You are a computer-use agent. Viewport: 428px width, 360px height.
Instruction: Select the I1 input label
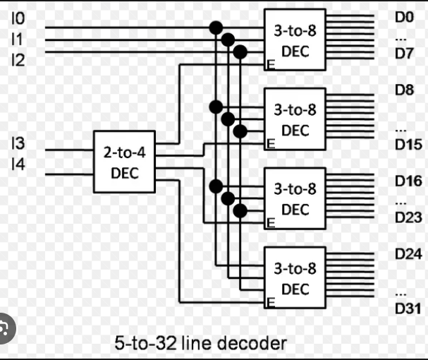pyautogui.click(x=17, y=40)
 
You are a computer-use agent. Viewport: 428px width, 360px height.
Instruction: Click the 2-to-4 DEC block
pyautogui.click(x=125, y=162)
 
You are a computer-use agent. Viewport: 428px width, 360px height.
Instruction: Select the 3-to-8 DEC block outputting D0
pyautogui.click(x=295, y=40)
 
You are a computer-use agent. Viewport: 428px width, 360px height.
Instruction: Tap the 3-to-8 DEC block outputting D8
pyautogui.click(x=295, y=119)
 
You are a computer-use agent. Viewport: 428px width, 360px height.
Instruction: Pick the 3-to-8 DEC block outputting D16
pyautogui.click(x=295, y=199)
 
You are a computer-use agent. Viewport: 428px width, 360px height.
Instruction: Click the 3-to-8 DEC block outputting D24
pyautogui.click(x=295, y=278)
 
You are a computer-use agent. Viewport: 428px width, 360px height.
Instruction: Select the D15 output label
pyautogui.click(x=408, y=145)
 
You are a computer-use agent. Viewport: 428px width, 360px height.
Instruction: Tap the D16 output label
pyautogui.click(x=408, y=181)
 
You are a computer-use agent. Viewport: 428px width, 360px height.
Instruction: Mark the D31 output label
pyautogui.click(x=408, y=308)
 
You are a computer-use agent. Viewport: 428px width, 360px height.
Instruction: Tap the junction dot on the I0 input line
pyautogui.click(x=216, y=28)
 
